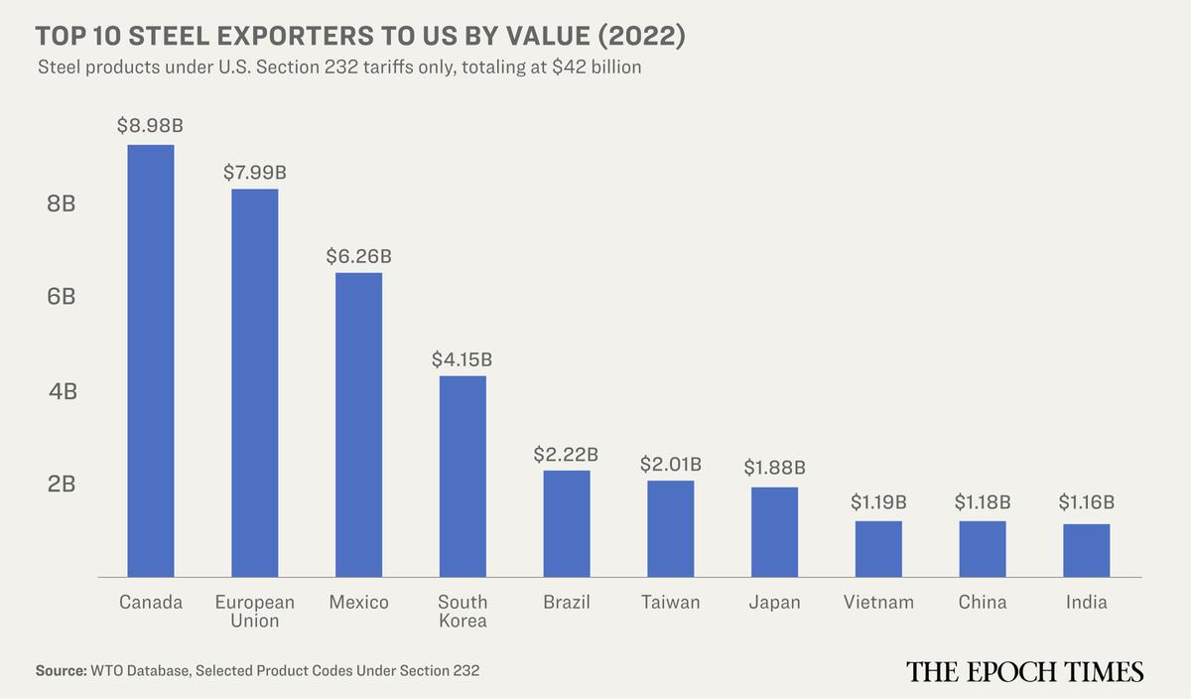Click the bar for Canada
(x=151, y=360)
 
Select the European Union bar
(x=255, y=382)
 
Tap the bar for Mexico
(x=358, y=424)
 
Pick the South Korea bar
(x=463, y=476)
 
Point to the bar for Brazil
(x=567, y=523)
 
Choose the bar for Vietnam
(x=878, y=548)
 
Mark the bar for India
(x=1086, y=550)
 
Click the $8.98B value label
(x=151, y=126)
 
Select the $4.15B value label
(x=462, y=358)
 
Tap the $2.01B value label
(x=670, y=463)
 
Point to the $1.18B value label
(x=983, y=502)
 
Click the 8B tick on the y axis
(x=62, y=204)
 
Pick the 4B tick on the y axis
(x=62, y=391)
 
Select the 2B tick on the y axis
(x=62, y=485)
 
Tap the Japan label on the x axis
(x=774, y=602)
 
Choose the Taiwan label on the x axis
(x=670, y=602)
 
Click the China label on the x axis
(x=983, y=602)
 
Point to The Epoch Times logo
(x=1024, y=672)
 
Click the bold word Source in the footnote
(x=61, y=671)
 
